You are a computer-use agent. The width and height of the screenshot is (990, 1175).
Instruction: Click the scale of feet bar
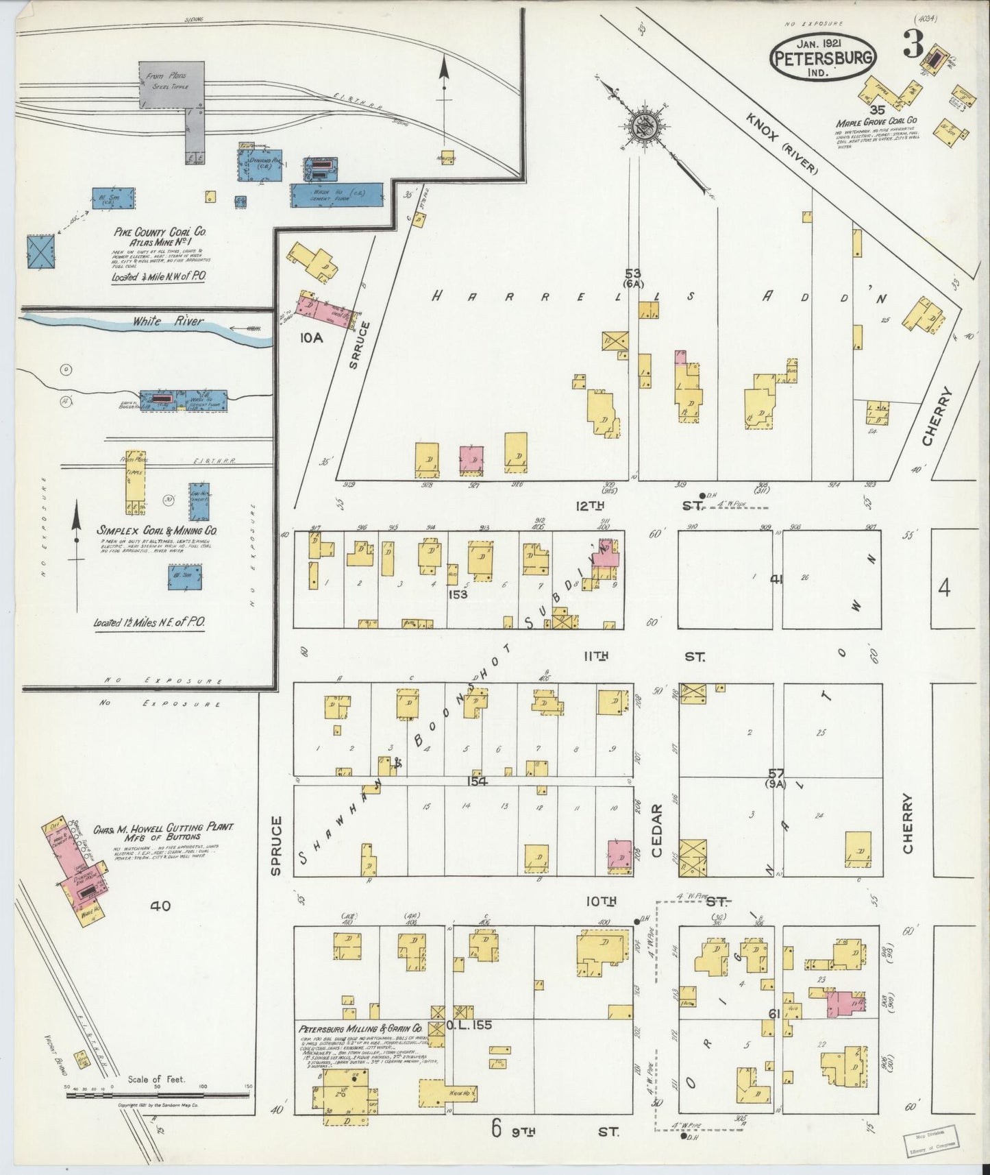pos(158,1095)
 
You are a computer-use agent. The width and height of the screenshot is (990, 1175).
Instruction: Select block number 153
pos(457,594)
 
